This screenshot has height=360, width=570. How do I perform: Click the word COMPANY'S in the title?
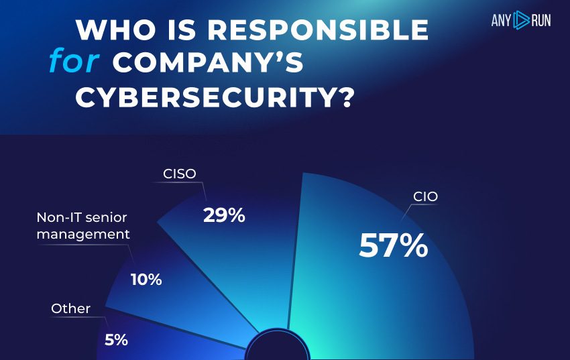coord(209,63)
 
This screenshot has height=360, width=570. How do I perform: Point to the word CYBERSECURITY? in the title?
coord(215,97)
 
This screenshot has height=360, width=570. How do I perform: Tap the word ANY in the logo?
coord(502,21)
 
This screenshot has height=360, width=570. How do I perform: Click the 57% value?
coord(393,245)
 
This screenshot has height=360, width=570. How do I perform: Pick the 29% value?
coord(224,216)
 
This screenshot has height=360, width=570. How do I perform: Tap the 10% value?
coord(146,280)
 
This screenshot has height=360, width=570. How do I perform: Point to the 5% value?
coord(116,340)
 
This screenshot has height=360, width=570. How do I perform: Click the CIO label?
coord(426,197)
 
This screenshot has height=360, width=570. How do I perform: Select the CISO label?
coord(180,174)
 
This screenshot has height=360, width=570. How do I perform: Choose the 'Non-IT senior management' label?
coord(82,226)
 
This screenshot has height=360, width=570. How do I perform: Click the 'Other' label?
coord(70,308)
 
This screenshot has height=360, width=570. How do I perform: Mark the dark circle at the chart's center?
coord(276,350)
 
